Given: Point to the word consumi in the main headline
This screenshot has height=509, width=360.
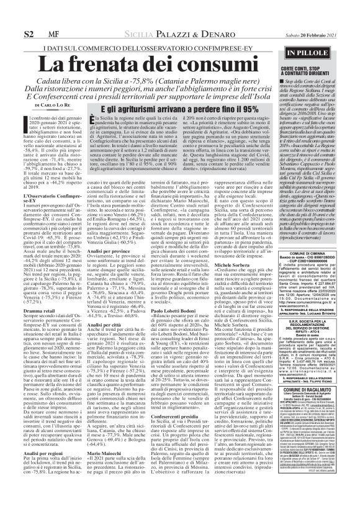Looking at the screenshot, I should click(x=220, y=64).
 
